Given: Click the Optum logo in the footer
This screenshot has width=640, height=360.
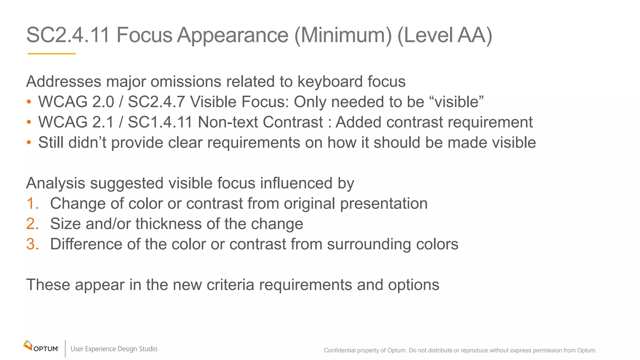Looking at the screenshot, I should click(41, 347).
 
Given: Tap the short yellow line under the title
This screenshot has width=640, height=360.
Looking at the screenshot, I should click(52, 54).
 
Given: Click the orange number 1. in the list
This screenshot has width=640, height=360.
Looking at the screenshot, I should click(32, 204).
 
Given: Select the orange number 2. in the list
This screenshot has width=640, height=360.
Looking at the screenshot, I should click(32, 224).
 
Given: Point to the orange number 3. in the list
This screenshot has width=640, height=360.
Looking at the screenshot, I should click(32, 244).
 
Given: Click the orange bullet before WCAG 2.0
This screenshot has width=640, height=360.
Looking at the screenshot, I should click(29, 102).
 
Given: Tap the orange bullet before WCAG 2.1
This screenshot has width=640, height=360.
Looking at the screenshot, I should click(29, 122).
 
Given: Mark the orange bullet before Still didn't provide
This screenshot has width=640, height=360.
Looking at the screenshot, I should click(29, 142).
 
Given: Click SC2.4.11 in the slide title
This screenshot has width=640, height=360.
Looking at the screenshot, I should click(68, 35).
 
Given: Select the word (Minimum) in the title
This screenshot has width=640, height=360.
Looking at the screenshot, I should click(343, 35).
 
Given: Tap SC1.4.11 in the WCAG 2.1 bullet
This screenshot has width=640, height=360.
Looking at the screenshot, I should click(160, 122).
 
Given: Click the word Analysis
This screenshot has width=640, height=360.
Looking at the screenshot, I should click(56, 183).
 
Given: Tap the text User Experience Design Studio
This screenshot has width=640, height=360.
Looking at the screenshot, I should click(114, 349).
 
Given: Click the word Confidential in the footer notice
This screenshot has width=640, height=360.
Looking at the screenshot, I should click(339, 350).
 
